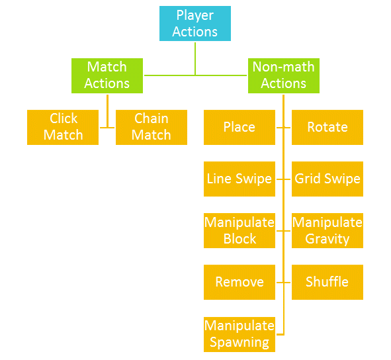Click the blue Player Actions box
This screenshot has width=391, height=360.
(x=195, y=23)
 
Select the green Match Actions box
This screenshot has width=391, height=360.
(x=107, y=75)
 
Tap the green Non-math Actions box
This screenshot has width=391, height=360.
(x=284, y=75)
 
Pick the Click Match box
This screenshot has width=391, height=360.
(x=63, y=127)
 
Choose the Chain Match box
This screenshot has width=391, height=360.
(x=152, y=127)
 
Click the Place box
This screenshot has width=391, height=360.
(x=239, y=127)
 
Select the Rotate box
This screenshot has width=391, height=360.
(x=327, y=127)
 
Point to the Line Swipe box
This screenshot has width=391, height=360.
(x=239, y=179)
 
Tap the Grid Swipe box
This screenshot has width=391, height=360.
(x=327, y=179)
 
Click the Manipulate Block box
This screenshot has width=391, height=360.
(x=239, y=230)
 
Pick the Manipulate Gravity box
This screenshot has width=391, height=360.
(x=327, y=230)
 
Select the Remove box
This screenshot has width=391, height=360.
(x=239, y=282)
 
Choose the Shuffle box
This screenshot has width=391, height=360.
(x=327, y=282)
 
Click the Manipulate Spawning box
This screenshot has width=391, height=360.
(x=239, y=334)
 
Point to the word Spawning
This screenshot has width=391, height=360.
(x=239, y=343)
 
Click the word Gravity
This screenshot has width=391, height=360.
(x=327, y=240)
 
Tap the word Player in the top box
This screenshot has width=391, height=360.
(x=195, y=16)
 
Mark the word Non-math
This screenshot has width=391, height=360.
(x=284, y=67)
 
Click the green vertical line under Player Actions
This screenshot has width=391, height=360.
(x=195, y=59)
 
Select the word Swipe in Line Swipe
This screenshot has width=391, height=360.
(x=253, y=179)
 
